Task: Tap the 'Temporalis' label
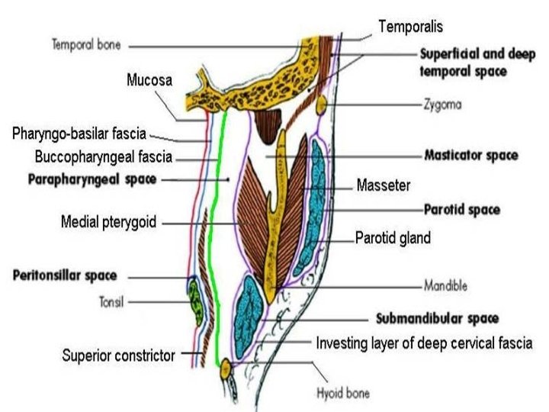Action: tap(410, 27)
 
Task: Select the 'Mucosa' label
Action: tap(149, 79)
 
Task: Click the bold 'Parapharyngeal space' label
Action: tap(91, 180)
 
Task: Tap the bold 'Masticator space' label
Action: tap(470, 156)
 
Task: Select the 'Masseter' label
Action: tap(384, 185)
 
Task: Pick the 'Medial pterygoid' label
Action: tap(108, 223)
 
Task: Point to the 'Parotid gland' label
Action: tap(393, 238)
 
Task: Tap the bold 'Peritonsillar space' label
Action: tap(65, 275)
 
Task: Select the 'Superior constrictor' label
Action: tap(120, 355)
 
